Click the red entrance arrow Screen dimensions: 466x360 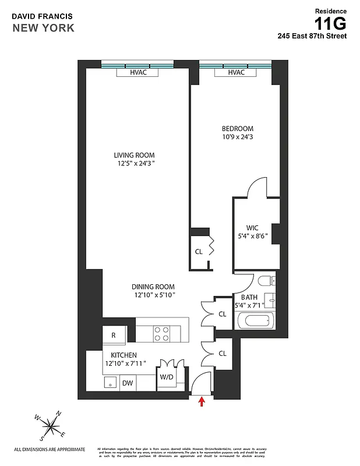pos(202,401)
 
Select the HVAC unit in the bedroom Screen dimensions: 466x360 pos(236,73)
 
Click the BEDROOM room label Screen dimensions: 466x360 pos(238,129)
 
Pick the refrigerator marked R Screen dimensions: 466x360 pos(114,335)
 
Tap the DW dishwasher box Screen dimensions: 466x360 pos(127,383)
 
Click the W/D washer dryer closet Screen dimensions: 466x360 pos(167,377)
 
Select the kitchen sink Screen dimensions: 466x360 pos(108,383)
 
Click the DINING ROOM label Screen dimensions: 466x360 pos(153,287)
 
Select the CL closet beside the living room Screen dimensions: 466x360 pos(199,252)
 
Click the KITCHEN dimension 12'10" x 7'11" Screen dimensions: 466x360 pos(125,363)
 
